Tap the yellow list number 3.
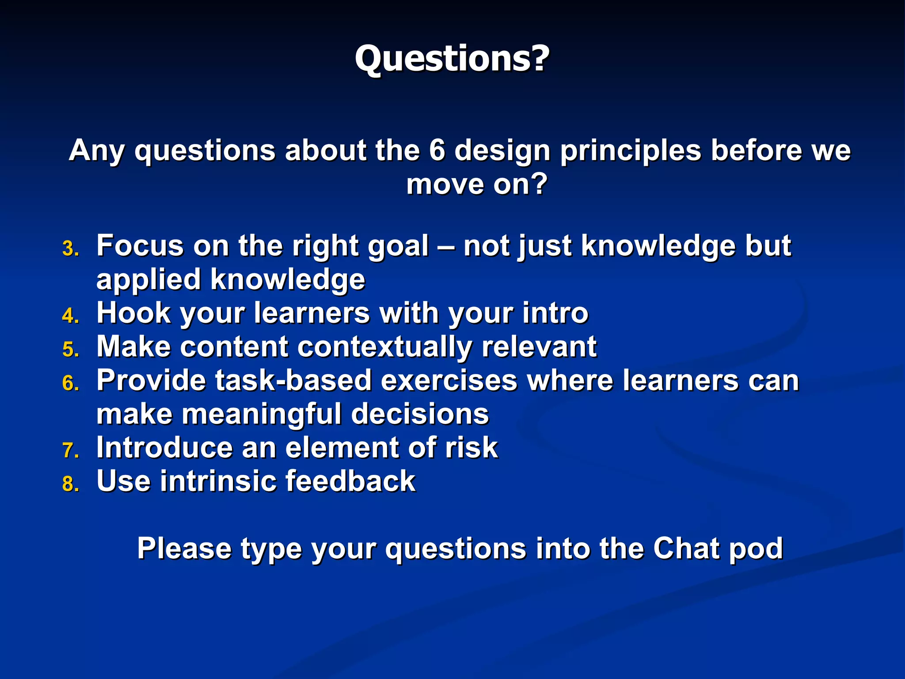point(70,249)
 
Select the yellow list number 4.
point(70,316)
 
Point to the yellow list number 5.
point(70,350)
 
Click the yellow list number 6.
point(70,383)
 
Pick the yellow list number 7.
point(70,451)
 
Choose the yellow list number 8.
point(70,484)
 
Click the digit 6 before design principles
point(437,150)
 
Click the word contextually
point(384,347)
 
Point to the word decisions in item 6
point(420,414)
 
